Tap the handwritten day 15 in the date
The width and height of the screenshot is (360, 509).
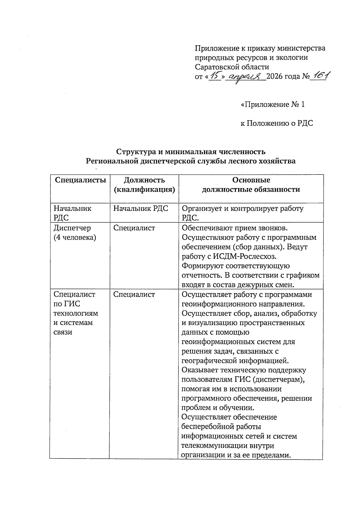[x=215, y=76]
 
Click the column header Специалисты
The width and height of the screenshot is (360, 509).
[x=80, y=180]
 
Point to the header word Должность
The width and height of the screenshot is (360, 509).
[x=144, y=180]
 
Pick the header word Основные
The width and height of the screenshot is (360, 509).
[x=251, y=180]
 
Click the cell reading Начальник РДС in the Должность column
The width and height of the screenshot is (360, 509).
[x=141, y=208]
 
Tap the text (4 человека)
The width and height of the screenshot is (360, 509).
[x=75, y=238]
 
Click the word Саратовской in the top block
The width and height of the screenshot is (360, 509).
[x=215, y=67]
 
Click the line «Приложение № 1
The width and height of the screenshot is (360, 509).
[x=273, y=104]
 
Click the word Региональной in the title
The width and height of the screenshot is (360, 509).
[x=112, y=161]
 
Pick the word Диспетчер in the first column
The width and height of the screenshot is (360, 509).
[x=72, y=228]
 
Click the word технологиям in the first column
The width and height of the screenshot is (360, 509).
[x=76, y=313]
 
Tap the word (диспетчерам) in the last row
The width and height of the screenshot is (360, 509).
[x=279, y=379]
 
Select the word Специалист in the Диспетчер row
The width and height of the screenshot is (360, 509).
[x=134, y=228]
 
